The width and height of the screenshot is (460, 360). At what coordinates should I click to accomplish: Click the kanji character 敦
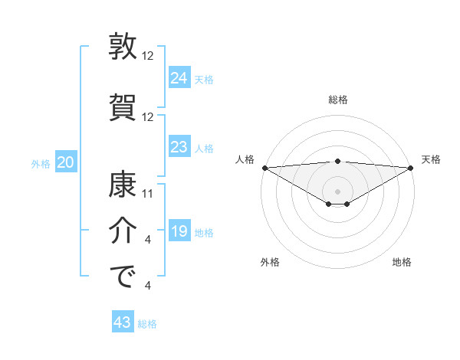pyautogui.click(x=123, y=47)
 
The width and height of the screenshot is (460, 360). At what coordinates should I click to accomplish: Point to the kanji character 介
pyautogui.click(x=123, y=231)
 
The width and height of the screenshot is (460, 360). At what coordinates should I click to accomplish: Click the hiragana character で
pyautogui.click(x=123, y=277)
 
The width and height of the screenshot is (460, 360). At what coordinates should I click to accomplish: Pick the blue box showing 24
pyautogui.click(x=179, y=77)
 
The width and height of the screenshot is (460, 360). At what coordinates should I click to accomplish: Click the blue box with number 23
pyautogui.click(x=179, y=147)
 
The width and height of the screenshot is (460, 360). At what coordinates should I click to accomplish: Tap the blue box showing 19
pyautogui.click(x=179, y=231)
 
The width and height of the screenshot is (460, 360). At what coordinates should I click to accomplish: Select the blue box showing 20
pyautogui.click(x=66, y=162)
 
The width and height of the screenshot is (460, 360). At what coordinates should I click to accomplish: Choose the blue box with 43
pyautogui.click(x=123, y=322)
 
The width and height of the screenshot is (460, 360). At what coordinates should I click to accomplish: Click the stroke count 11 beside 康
pyautogui.click(x=149, y=194)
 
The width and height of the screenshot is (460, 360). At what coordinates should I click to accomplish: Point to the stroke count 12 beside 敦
pyautogui.click(x=149, y=57)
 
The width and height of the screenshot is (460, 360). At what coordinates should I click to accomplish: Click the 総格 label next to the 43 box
pyautogui.click(x=147, y=324)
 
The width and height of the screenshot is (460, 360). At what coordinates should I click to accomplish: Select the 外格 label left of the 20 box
pyautogui.click(x=41, y=163)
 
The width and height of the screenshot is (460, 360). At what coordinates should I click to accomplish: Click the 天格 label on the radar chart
pyautogui.click(x=431, y=159)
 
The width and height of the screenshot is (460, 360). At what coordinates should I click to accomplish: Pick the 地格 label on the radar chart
pyautogui.click(x=402, y=262)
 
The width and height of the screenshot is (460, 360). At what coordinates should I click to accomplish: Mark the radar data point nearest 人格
pyautogui.click(x=264, y=167)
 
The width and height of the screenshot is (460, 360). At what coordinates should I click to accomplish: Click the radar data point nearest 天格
pyautogui.click(x=411, y=167)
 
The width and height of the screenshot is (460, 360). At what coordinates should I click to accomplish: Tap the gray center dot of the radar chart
pyautogui.click(x=337, y=191)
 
